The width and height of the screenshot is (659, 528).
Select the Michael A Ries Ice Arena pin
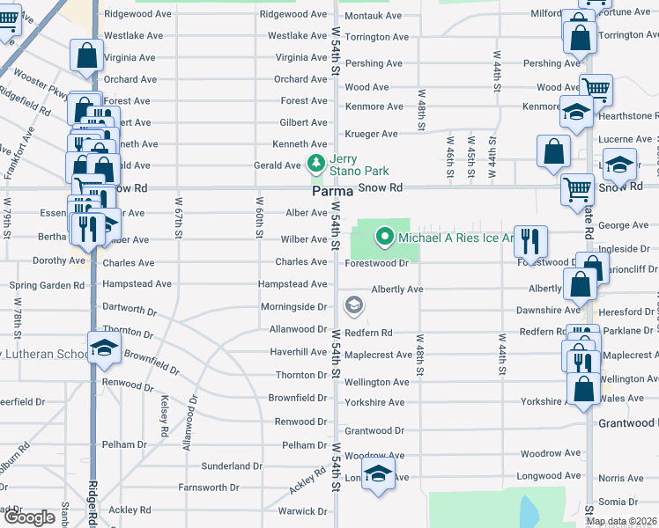384,237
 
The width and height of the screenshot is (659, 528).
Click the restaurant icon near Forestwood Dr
530,239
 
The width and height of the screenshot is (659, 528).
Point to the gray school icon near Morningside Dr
354,305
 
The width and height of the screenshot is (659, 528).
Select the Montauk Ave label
373,16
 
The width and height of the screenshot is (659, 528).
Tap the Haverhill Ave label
298,352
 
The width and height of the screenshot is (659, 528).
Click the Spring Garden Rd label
47,285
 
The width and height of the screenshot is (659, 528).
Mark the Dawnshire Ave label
549,310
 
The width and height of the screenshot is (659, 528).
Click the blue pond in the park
528,511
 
